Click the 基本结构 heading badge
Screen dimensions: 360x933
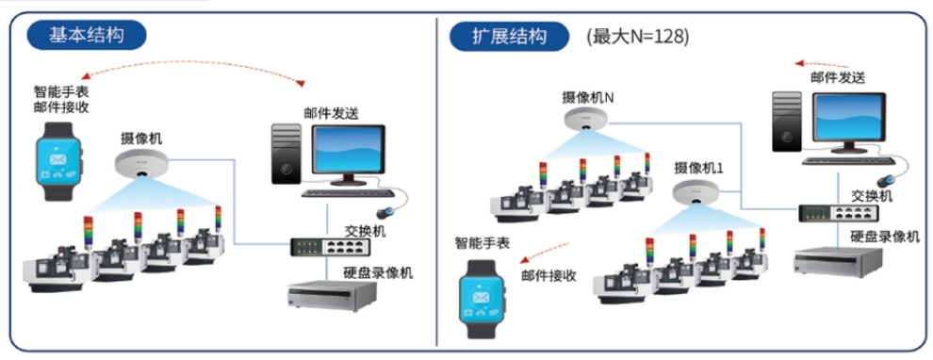[x=87, y=36]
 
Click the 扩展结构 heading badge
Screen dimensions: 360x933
[x=510, y=37]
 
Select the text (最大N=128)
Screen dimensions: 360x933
[x=638, y=37]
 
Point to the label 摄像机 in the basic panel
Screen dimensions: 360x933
[x=141, y=138]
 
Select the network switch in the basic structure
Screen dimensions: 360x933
[x=330, y=247]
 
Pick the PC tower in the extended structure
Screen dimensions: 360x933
[x=786, y=121]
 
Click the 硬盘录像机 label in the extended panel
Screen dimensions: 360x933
[x=884, y=237]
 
